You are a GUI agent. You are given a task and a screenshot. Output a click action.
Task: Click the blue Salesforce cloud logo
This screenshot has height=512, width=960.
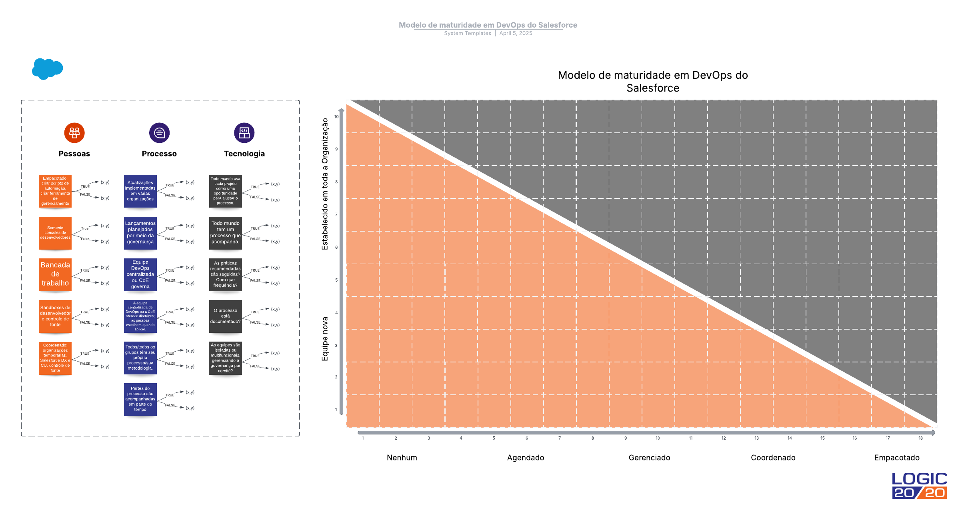click(x=47, y=69)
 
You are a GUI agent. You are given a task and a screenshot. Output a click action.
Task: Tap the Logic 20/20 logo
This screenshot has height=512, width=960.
click(x=919, y=486)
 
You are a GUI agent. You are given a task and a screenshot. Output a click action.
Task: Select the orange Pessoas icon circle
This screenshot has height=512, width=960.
click(x=74, y=133)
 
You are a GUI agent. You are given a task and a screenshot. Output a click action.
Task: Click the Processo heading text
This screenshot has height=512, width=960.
click(x=159, y=154)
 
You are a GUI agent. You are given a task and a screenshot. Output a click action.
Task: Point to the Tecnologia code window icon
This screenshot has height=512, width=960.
click(x=244, y=133)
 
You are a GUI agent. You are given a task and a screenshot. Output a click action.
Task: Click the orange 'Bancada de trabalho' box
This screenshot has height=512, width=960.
click(x=55, y=274)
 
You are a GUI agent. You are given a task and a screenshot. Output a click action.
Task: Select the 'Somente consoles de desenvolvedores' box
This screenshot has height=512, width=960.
click(x=55, y=233)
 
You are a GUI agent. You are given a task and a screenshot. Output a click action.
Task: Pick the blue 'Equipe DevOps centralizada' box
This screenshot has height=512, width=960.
click(x=140, y=274)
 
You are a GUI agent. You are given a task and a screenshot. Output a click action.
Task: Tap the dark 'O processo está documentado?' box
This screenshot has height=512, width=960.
click(x=225, y=316)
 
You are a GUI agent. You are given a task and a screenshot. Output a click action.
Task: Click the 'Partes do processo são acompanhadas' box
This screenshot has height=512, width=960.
click(x=140, y=399)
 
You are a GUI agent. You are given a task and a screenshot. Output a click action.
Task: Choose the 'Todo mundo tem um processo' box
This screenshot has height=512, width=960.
click(x=225, y=233)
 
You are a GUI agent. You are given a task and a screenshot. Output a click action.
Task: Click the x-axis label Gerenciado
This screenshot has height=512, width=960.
click(x=649, y=458)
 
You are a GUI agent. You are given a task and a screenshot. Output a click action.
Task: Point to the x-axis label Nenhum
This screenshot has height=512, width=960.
click(x=402, y=458)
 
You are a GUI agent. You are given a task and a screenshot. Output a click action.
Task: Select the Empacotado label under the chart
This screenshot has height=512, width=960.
click(x=896, y=458)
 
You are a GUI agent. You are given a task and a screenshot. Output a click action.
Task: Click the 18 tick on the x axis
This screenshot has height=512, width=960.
click(x=920, y=438)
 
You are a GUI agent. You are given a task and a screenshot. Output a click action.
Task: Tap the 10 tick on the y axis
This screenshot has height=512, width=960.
click(x=336, y=117)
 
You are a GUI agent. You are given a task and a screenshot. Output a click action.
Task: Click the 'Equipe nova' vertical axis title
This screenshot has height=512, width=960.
click(x=325, y=339)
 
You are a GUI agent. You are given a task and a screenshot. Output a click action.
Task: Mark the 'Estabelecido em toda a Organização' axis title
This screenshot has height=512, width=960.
click(x=325, y=184)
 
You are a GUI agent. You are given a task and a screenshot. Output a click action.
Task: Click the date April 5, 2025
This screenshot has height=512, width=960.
click(x=516, y=33)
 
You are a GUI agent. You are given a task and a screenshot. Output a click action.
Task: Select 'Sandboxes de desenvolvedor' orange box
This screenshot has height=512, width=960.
click(x=55, y=316)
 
